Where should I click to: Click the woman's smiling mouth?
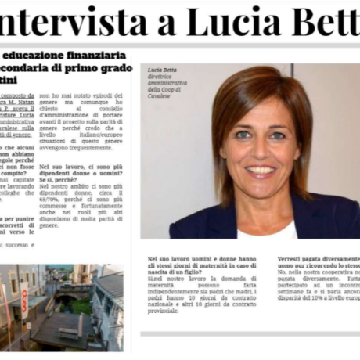260,169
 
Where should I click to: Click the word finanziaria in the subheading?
95,56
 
